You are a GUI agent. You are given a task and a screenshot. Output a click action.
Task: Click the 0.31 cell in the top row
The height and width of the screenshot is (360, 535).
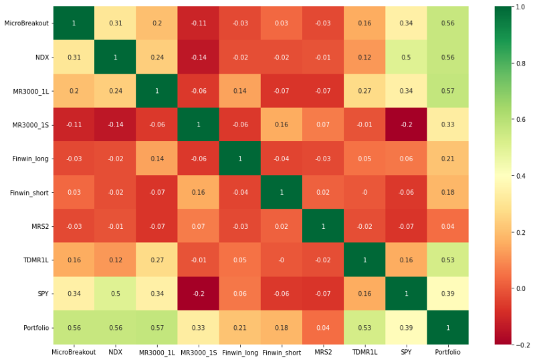(x=115, y=23)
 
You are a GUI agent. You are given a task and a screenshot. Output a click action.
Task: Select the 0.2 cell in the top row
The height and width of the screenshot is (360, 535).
(x=157, y=23)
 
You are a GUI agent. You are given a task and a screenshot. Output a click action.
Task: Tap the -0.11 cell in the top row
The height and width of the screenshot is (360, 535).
(x=199, y=23)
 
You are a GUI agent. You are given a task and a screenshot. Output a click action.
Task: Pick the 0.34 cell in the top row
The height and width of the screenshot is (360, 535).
(x=406, y=23)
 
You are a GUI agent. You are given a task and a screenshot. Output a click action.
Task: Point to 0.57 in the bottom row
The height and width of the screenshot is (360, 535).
(x=157, y=328)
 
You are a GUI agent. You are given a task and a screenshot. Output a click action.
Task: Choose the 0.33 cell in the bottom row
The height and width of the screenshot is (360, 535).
(x=199, y=328)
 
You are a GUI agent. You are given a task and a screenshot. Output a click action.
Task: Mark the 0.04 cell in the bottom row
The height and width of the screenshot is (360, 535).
(x=323, y=328)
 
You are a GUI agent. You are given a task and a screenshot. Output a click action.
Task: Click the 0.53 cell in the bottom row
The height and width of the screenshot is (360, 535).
(x=364, y=328)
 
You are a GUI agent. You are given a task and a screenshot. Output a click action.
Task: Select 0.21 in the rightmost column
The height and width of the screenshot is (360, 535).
(x=447, y=159)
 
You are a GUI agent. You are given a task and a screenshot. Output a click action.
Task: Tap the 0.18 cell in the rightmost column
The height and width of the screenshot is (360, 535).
(x=447, y=193)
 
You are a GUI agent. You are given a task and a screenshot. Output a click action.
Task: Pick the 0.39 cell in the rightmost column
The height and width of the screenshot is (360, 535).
(x=447, y=294)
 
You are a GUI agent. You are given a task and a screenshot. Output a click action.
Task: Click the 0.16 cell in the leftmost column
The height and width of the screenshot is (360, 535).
(x=74, y=260)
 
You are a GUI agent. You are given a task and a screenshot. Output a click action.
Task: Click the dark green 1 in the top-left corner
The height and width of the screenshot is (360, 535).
(x=74, y=23)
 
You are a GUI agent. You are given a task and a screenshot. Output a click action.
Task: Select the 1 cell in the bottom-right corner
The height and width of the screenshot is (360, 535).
(x=447, y=328)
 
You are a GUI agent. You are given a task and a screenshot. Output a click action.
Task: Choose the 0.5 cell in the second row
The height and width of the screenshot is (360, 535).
(x=406, y=58)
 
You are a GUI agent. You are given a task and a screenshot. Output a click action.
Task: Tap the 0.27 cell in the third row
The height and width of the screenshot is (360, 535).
(x=364, y=91)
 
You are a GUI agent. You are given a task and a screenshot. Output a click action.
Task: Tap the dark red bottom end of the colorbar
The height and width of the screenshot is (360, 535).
(x=503, y=341)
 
